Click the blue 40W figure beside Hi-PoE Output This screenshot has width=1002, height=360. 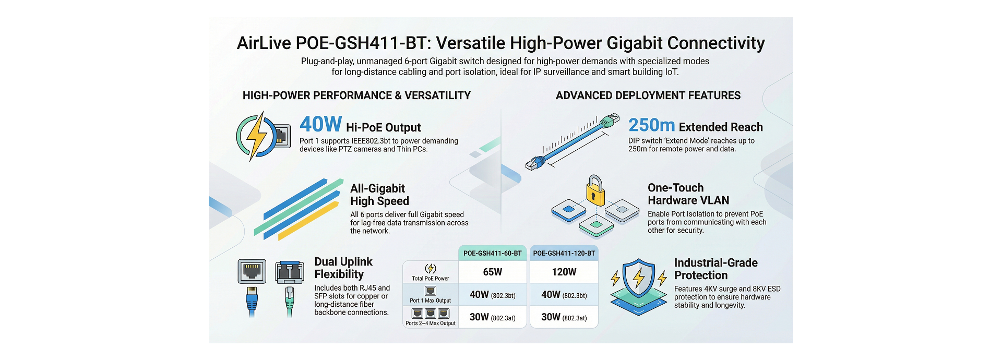coord(320,125)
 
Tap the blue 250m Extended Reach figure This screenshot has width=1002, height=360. coord(651,126)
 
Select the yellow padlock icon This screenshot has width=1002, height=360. coord(595,190)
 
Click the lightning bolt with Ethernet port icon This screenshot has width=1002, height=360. coord(263,136)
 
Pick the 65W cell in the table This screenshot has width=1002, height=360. coord(492,272)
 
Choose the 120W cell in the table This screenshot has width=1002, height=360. coord(564,272)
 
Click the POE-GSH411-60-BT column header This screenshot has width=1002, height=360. coord(492,254)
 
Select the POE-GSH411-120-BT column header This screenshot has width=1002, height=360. coord(564,254)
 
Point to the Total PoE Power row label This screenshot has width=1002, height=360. coord(430,279)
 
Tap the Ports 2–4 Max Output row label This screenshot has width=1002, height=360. coord(430,323)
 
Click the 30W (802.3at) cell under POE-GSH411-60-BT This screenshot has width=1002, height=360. coord(492,317)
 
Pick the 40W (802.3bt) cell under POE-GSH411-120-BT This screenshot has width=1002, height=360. coord(564,295)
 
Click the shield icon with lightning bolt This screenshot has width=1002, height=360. coord(639,279)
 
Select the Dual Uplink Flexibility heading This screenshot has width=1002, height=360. coord(343,268)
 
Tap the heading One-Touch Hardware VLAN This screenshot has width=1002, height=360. coord(688,194)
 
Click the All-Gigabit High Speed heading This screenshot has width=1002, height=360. coord(379,195)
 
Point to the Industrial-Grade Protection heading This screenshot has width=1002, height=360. coord(715,269)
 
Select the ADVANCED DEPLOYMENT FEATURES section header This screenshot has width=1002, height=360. coord(648,95)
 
